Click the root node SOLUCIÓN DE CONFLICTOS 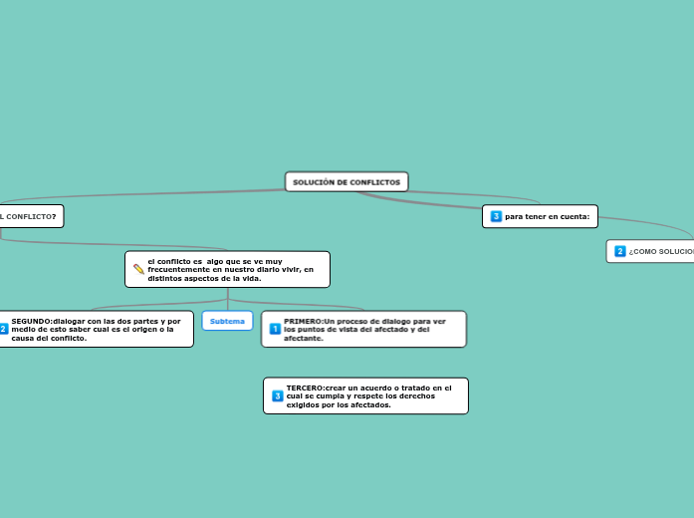tap(347, 182)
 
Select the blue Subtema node tap(227, 321)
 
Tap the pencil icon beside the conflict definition tap(139, 269)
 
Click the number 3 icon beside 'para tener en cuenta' tap(496, 216)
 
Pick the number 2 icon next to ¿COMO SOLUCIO tap(620, 251)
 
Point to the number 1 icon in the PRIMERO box tap(275, 329)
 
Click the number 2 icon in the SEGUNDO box tap(3, 329)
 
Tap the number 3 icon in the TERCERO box tap(278, 395)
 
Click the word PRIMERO tap(303, 322)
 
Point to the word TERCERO tap(305, 388)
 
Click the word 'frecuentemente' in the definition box tap(178, 269)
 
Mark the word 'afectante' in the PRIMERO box tap(303, 339)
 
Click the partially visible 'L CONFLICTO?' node tap(28, 215)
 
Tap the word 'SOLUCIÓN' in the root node tap(313, 182)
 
